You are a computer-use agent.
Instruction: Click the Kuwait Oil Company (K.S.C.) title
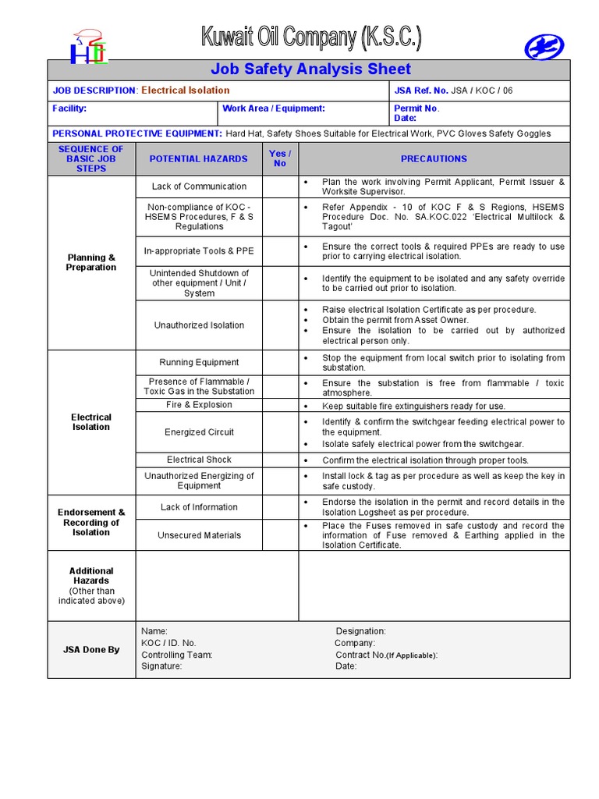click(311, 38)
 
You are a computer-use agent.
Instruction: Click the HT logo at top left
click(88, 47)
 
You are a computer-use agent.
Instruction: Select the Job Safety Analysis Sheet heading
click(310, 69)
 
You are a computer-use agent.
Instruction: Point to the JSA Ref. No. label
click(422, 91)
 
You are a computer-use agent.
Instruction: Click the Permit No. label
click(416, 108)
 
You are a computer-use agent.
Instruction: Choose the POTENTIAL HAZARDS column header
click(198, 158)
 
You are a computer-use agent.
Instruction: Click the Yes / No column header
click(280, 158)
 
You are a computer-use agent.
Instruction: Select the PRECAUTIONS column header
click(434, 158)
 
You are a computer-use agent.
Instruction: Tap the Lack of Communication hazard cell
click(199, 186)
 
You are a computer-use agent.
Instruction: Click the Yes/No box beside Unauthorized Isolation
click(280, 325)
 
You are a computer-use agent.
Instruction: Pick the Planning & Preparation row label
click(91, 262)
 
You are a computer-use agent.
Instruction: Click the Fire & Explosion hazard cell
click(199, 405)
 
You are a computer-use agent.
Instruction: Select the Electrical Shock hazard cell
click(199, 460)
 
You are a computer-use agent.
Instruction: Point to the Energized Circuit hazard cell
click(199, 432)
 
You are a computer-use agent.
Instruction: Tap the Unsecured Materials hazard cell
click(199, 535)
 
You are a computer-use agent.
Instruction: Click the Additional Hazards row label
click(91, 585)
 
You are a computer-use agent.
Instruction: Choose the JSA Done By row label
click(91, 649)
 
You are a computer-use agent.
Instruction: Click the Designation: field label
click(360, 631)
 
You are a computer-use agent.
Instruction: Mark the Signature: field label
click(161, 666)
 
